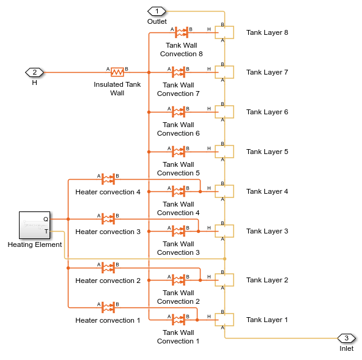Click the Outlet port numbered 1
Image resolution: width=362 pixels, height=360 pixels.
pyautogui.click(x=157, y=11)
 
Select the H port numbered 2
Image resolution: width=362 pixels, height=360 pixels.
pyautogui.click(x=34, y=73)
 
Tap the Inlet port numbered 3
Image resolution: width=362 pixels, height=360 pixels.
pyautogui.click(x=347, y=339)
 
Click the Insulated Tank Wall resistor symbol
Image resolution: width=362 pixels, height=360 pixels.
pyautogui.click(x=117, y=72)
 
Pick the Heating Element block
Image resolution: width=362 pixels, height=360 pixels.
pyautogui.click(x=35, y=225)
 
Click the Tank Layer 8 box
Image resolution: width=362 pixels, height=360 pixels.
pyautogui.click(x=224, y=32)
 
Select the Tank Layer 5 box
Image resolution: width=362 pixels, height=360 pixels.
pyautogui.click(x=224, y=152)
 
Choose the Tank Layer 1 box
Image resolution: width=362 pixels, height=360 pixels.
pyautogui.click(x=224, y=320)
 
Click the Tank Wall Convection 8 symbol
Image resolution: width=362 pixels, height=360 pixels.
pyautogui.click(x=182, y=32)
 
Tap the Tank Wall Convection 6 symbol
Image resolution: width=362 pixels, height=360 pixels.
pyautogui.click(x=179, y=112)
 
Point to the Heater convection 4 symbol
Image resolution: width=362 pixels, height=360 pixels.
pyautogui.click(x=108, y=179)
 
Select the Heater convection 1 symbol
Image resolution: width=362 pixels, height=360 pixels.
pyautogui.click(x=108, y=307)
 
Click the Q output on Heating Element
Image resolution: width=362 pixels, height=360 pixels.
pyautogui.click(x=46, y=219)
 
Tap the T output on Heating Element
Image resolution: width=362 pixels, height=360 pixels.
pyautogui.click(x=46, y=231)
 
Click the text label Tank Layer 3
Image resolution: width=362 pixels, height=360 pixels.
pyautogui.click(x=267, y=231)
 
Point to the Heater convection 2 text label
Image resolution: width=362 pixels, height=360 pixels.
pyautogui.click(x=108, y=281)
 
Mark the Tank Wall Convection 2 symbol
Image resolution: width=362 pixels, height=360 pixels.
pyautogui.click(x=179, y=280)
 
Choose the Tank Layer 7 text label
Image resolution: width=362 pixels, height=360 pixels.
pyautogui.click(x=267, y=72)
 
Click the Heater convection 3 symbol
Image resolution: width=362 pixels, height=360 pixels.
pyautogui.click(x=108, y=219)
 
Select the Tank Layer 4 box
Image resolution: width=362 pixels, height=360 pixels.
pyautogui.click(x=224, y=191)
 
